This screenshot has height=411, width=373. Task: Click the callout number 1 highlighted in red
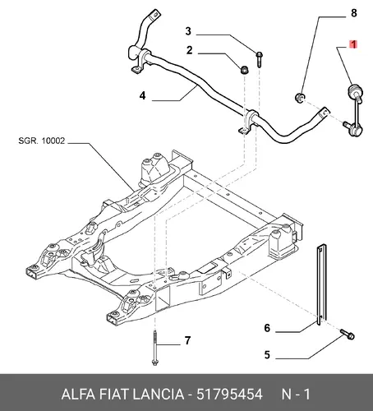pyautogui.click(x=353, y=44)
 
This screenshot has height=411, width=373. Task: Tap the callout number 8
pyautogui.click(x=354, y=13)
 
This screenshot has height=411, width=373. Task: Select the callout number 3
pyautogui.click(x=188, y=31)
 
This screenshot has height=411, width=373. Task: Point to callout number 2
pyautogui.click(x=189, y=50)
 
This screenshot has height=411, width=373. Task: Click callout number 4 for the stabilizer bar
pyautogui.click(x=142, y=95)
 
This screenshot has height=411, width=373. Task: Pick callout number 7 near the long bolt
pyautogui.click(x=187, y=340)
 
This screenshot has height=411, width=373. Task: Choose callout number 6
pyautogui.click(x=267, y=328)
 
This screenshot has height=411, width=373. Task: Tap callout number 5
pyautogui.click(x=267, y=355)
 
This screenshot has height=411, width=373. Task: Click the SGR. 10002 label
pyautogui.click(x=42, y=141)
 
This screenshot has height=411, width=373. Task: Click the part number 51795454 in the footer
pyautogui.click(x=229, y=395)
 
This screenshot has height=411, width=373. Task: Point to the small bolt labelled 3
pyautogui.click(x=259, y=59)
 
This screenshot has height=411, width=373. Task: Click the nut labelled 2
pyautogui.click(x=244, y=69)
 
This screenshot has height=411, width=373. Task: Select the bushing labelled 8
pyautogui.click(x=300, y=97)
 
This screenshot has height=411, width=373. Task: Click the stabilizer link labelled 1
pyautogui.click(x=355, y=109)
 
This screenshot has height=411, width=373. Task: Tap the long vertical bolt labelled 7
pyautogui.click(x=154, y=348)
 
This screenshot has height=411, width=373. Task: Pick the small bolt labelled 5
pyautogui.click(x=348, y=335)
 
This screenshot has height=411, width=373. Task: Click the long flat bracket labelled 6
pyautogui.click(x=321, y=284)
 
